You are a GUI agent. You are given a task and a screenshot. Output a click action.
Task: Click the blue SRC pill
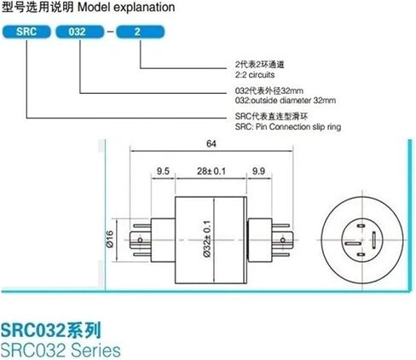click(x=26, y=32)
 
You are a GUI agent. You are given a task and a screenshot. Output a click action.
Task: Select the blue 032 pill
click(x=80, y=32)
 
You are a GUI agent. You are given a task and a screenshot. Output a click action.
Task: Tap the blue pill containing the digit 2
click(x=141, y=32)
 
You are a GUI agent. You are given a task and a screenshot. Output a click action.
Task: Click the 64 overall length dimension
click(x=211, y=144)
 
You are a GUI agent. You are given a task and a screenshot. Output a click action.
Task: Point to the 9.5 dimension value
click(x=163, y=171)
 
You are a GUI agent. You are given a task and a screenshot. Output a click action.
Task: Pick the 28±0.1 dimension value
click(x=211, y=171)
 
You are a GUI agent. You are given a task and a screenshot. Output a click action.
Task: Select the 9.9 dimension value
click(x=258, y=171)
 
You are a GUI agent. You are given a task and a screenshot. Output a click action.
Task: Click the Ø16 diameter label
click(x=110, y=239)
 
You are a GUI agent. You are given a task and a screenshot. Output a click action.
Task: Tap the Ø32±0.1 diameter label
click(x=207, y=239)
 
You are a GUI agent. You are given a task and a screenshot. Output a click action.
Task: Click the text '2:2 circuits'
click(x=255, y=75)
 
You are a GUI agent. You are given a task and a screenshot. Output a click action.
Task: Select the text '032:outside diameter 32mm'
click(x=286, y=101)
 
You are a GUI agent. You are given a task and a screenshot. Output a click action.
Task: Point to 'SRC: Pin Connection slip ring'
click(x=288, y=126)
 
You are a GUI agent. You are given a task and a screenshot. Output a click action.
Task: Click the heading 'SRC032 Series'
click(x=61, y=350)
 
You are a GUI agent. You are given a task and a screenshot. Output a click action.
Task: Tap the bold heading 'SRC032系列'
click(x=51, y=330)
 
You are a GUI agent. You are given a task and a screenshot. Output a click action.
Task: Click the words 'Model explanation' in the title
click(x=126, y=8)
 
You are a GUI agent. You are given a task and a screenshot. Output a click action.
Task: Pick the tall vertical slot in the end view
click(x=373, y=240)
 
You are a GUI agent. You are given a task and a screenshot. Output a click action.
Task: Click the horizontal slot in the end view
click(x=353, y=243)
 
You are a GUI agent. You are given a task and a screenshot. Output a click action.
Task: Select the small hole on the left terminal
click(x=140, y=241)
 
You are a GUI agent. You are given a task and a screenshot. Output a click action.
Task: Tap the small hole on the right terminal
click(x=283, y=241)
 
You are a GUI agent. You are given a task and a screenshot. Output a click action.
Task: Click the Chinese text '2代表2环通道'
click(x=259, y=65)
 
